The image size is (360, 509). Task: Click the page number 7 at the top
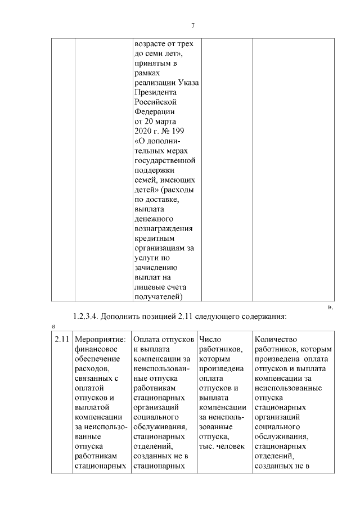click(x=193, y=26)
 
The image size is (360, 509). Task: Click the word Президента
click(x=156, y=92)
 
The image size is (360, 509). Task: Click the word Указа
click(x=186, y=83)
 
